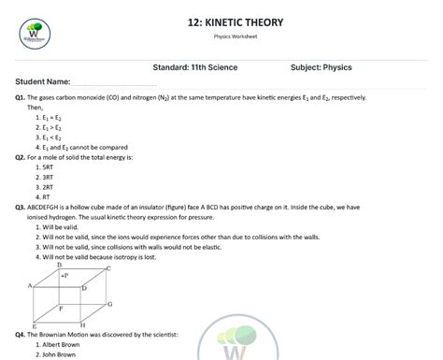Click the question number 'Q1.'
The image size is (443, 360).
[x=21, y=97]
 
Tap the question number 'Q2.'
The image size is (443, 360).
[x=21, y=157]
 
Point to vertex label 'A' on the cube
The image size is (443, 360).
[x=31, y=284]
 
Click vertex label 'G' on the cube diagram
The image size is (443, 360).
[x=109, y=304]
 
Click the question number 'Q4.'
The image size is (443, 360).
[x=21, y=334]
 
